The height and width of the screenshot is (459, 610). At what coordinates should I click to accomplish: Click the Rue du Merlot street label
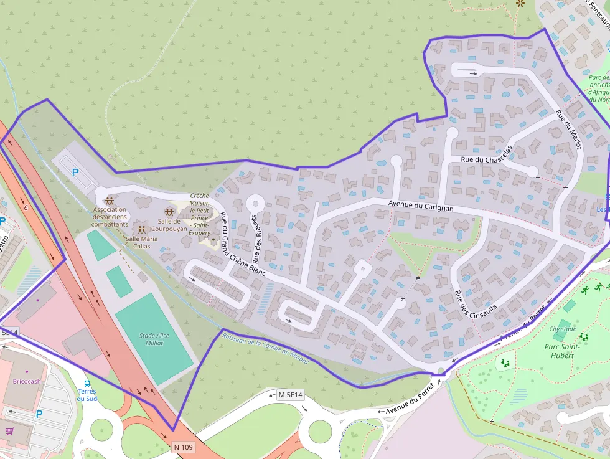coord(568,130)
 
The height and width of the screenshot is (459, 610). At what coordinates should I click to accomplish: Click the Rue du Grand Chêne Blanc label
coord(242,245)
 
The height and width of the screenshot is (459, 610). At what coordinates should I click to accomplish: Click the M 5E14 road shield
coord(290,395)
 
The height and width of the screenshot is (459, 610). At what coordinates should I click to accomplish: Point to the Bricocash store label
coord(27,381)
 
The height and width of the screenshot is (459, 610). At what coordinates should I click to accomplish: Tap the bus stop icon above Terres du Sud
coord(87,383)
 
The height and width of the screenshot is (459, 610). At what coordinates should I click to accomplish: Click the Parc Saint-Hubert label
coord(562,351)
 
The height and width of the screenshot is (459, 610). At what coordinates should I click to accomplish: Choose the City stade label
coord(563,329)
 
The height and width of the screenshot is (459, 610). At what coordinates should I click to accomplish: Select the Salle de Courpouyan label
coord(169,225)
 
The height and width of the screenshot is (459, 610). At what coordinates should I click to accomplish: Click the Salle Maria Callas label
coord(142,242)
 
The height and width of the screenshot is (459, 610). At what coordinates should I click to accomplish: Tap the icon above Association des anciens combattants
coord(110,201)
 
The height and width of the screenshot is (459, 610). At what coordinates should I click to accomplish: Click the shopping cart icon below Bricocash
coord(9,430)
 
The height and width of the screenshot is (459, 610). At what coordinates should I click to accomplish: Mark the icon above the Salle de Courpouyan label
coord(169,212)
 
